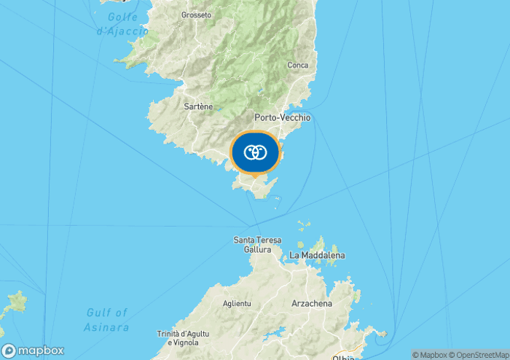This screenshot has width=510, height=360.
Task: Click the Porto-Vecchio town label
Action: pyautogui.click(x=283, y=117)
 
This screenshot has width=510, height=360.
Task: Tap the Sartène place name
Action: pyautogui.click(x=198, y=106)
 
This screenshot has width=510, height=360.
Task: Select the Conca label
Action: pyautogui.click(x=297, y=65)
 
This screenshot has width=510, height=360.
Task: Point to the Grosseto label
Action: pyautogui.click(x=196, y=15)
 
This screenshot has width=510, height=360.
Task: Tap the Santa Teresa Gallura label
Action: pyautogui.click(x=252, y=244)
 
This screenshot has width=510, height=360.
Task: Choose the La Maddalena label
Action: pyautogui.click(x=317, y=256)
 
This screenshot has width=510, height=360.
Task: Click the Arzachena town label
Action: pyautogui.click(x=311, y=303)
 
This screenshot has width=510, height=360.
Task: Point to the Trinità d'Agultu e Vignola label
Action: pyautogui.click(x=182, y=338)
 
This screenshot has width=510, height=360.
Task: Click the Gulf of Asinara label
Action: pyautogui.click(x=107, y=320)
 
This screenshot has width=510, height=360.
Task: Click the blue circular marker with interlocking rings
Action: pyautogui.click(x=255, y=153)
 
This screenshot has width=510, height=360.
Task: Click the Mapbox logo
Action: pyautogui.click(x=33, y=351)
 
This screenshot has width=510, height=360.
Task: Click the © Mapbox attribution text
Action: pyautogui.click(x=431, y=355)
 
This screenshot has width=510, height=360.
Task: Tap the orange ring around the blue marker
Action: pyautogui.click(x=232, y=153)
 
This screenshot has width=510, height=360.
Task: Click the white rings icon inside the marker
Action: pyautogui.click(x=255, y=152)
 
